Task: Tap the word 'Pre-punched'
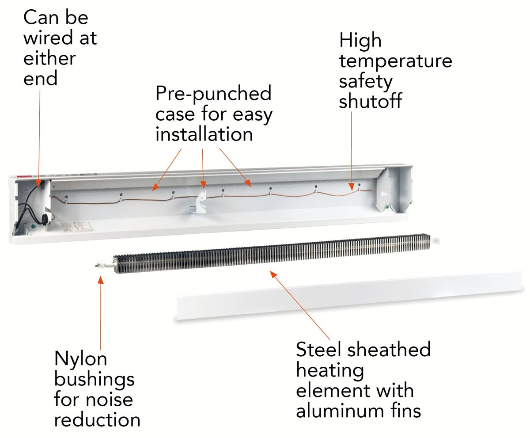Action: coord(213,94)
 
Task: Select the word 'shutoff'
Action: coord(370,101)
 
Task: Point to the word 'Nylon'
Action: coord(80,359)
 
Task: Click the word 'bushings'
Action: coord(94,379)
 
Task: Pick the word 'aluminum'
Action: coord(341,411)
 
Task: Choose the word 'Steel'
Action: coord(319,350)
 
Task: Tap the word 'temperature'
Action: coord(396,61)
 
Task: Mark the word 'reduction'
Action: coord(97,419)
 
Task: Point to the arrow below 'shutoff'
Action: coord(352,150)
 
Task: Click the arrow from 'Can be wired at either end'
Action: coord(39,137)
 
